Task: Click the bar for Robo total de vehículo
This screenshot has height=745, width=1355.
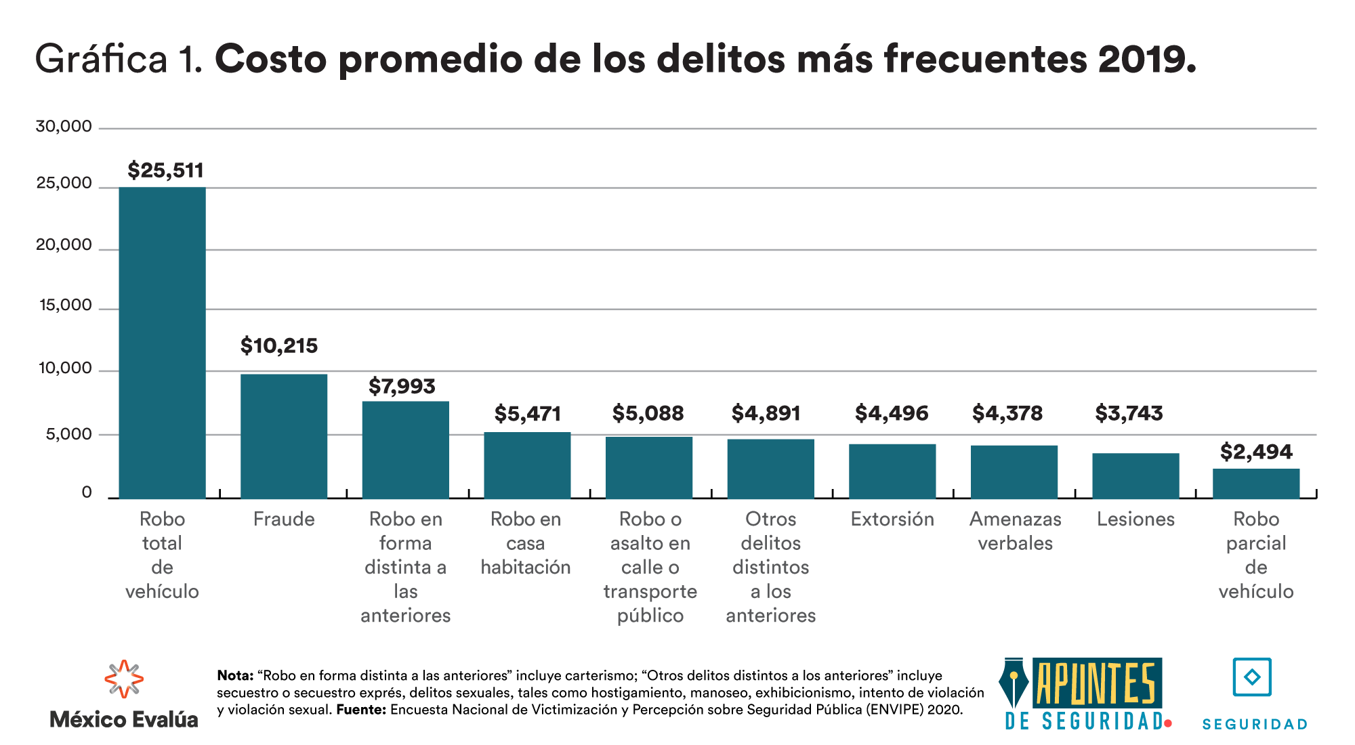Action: click(x=162, y=342)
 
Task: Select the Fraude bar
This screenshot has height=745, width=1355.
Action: click(x=284, y=436)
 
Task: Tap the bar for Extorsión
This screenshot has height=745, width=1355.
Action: click(x=892, y=471)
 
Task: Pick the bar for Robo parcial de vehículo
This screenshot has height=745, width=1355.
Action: click(x=1256, y=484)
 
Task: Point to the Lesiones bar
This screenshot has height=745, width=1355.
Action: click(x=1135, y=475)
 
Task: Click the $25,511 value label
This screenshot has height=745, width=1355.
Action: click(x=165, y=170)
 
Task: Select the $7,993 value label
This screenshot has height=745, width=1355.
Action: click(x=402, y=386)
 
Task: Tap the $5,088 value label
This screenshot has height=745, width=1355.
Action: click(x=648, y=413)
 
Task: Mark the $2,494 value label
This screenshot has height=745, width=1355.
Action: click(x=1256, y=452)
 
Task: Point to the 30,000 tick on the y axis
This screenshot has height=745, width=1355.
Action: click(x=64, y=127)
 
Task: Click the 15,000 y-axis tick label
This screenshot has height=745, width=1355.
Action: click(x=66, y=305)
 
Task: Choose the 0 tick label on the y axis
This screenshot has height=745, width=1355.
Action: click(x=87, y=492)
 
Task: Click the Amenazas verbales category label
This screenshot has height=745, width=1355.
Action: click(x=1015, y=531)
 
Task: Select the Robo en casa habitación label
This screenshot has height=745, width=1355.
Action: click(x=526, y=543)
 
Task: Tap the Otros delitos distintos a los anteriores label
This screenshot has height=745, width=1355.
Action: click(x=771, y=567)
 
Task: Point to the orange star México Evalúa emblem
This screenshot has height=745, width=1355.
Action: click(x=124, y=679)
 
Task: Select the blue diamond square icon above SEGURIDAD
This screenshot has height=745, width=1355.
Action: click(x=1252, y=677)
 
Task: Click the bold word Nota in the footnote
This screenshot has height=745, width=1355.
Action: click(x=234, y=675)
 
